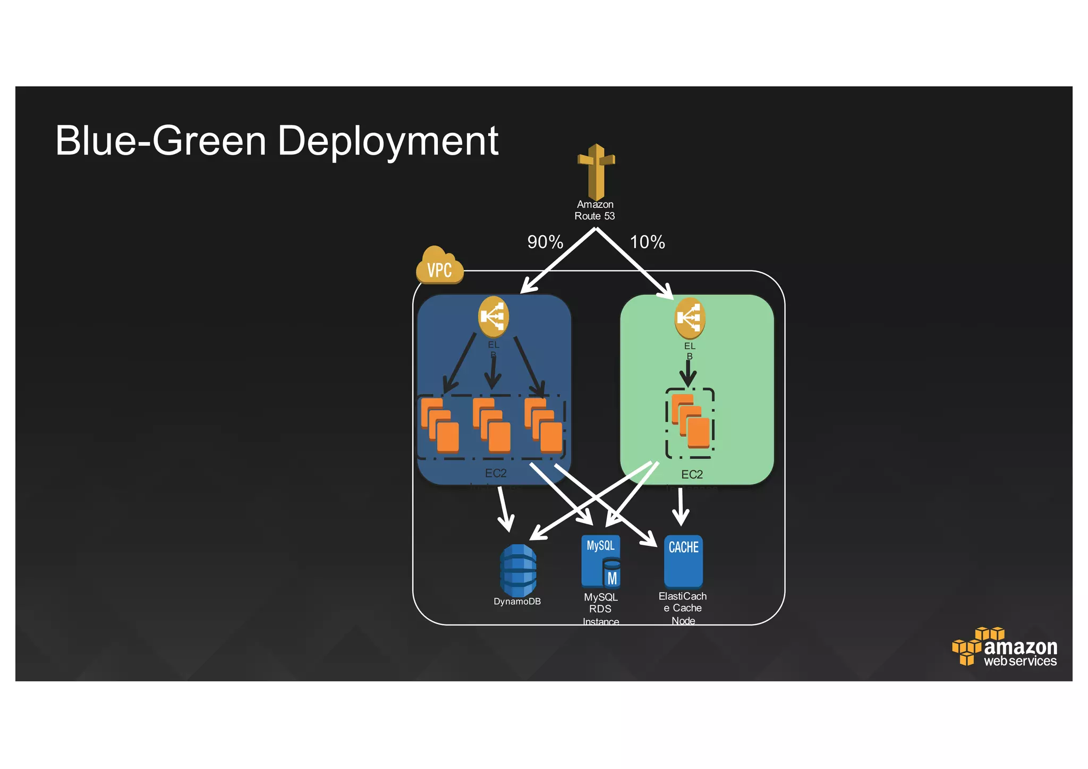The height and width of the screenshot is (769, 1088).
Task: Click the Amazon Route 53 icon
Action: point(596,171)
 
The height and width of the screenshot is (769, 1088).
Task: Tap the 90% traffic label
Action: point(545,242)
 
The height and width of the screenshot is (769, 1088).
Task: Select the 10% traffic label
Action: point(647,242)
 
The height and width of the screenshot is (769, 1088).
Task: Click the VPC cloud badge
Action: point(439,266)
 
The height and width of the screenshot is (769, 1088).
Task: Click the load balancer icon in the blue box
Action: point(494,317)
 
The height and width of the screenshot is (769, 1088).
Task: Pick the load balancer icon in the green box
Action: point(690,318)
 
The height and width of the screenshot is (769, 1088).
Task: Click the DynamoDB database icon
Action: point(518,570)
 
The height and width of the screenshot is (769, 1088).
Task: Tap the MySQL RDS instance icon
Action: point(601,561)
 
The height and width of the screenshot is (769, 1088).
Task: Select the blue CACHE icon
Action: point(683,561)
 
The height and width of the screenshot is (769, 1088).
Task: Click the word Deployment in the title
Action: point(388,141)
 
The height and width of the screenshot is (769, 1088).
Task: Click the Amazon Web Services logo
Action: point(1004,648)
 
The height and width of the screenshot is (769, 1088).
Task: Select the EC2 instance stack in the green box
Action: point(690,421)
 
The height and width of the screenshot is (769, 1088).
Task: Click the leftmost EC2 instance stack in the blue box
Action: point(440,426)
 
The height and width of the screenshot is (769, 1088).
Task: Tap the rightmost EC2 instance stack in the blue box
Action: point(543,426)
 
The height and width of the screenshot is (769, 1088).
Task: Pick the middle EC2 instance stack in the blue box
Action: point(491,426)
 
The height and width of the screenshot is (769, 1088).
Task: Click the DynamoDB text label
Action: point(517,602)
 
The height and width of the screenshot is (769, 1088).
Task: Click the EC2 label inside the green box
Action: point(692,475)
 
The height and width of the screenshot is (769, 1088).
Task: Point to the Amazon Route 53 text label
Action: point(595,210)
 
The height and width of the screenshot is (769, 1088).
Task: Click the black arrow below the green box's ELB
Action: point(688,374)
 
